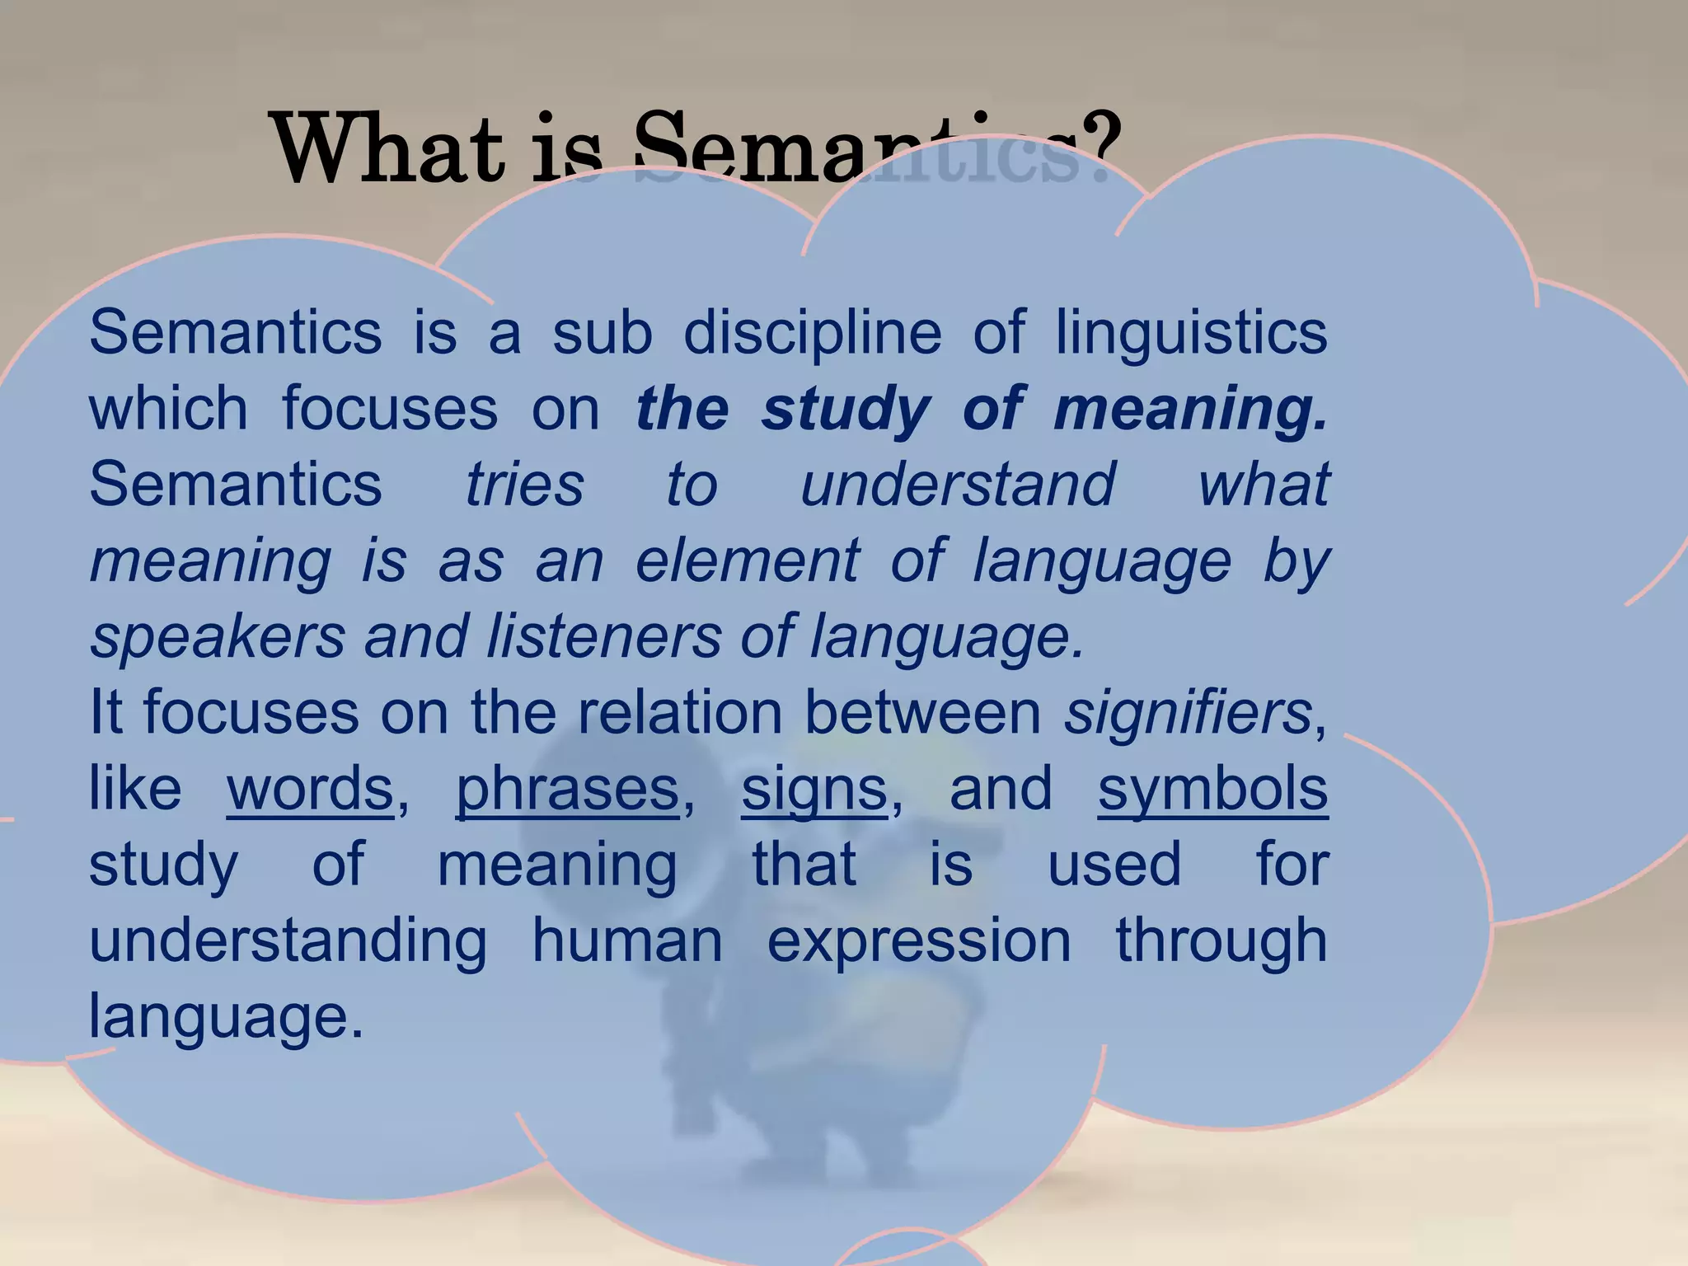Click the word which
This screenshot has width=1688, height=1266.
coord(168,408)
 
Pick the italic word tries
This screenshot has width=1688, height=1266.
coord(525,484)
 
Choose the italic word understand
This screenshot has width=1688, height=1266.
coord(958,484)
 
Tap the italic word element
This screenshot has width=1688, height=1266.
coord(747,560)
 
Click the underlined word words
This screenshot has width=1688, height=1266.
coord(310,789)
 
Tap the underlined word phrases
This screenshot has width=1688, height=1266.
coord(567,789)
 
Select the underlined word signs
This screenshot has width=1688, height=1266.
coord(814,789)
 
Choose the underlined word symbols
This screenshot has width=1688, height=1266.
coord(1212,789)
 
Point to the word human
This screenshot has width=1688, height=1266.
coord(627,940)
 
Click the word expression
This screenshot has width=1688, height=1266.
coord(919,940)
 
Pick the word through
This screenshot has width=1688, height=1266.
coord(1221,940)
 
